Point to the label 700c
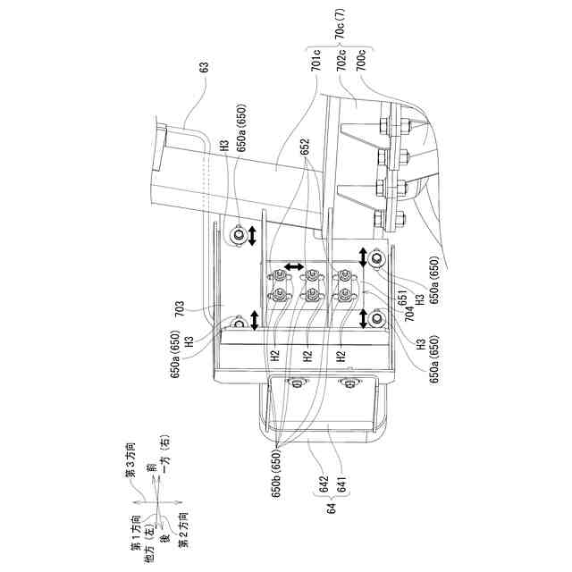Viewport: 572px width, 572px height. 360,65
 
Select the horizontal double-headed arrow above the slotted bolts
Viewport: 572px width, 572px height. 292,269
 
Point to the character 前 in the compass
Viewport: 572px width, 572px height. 154,471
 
